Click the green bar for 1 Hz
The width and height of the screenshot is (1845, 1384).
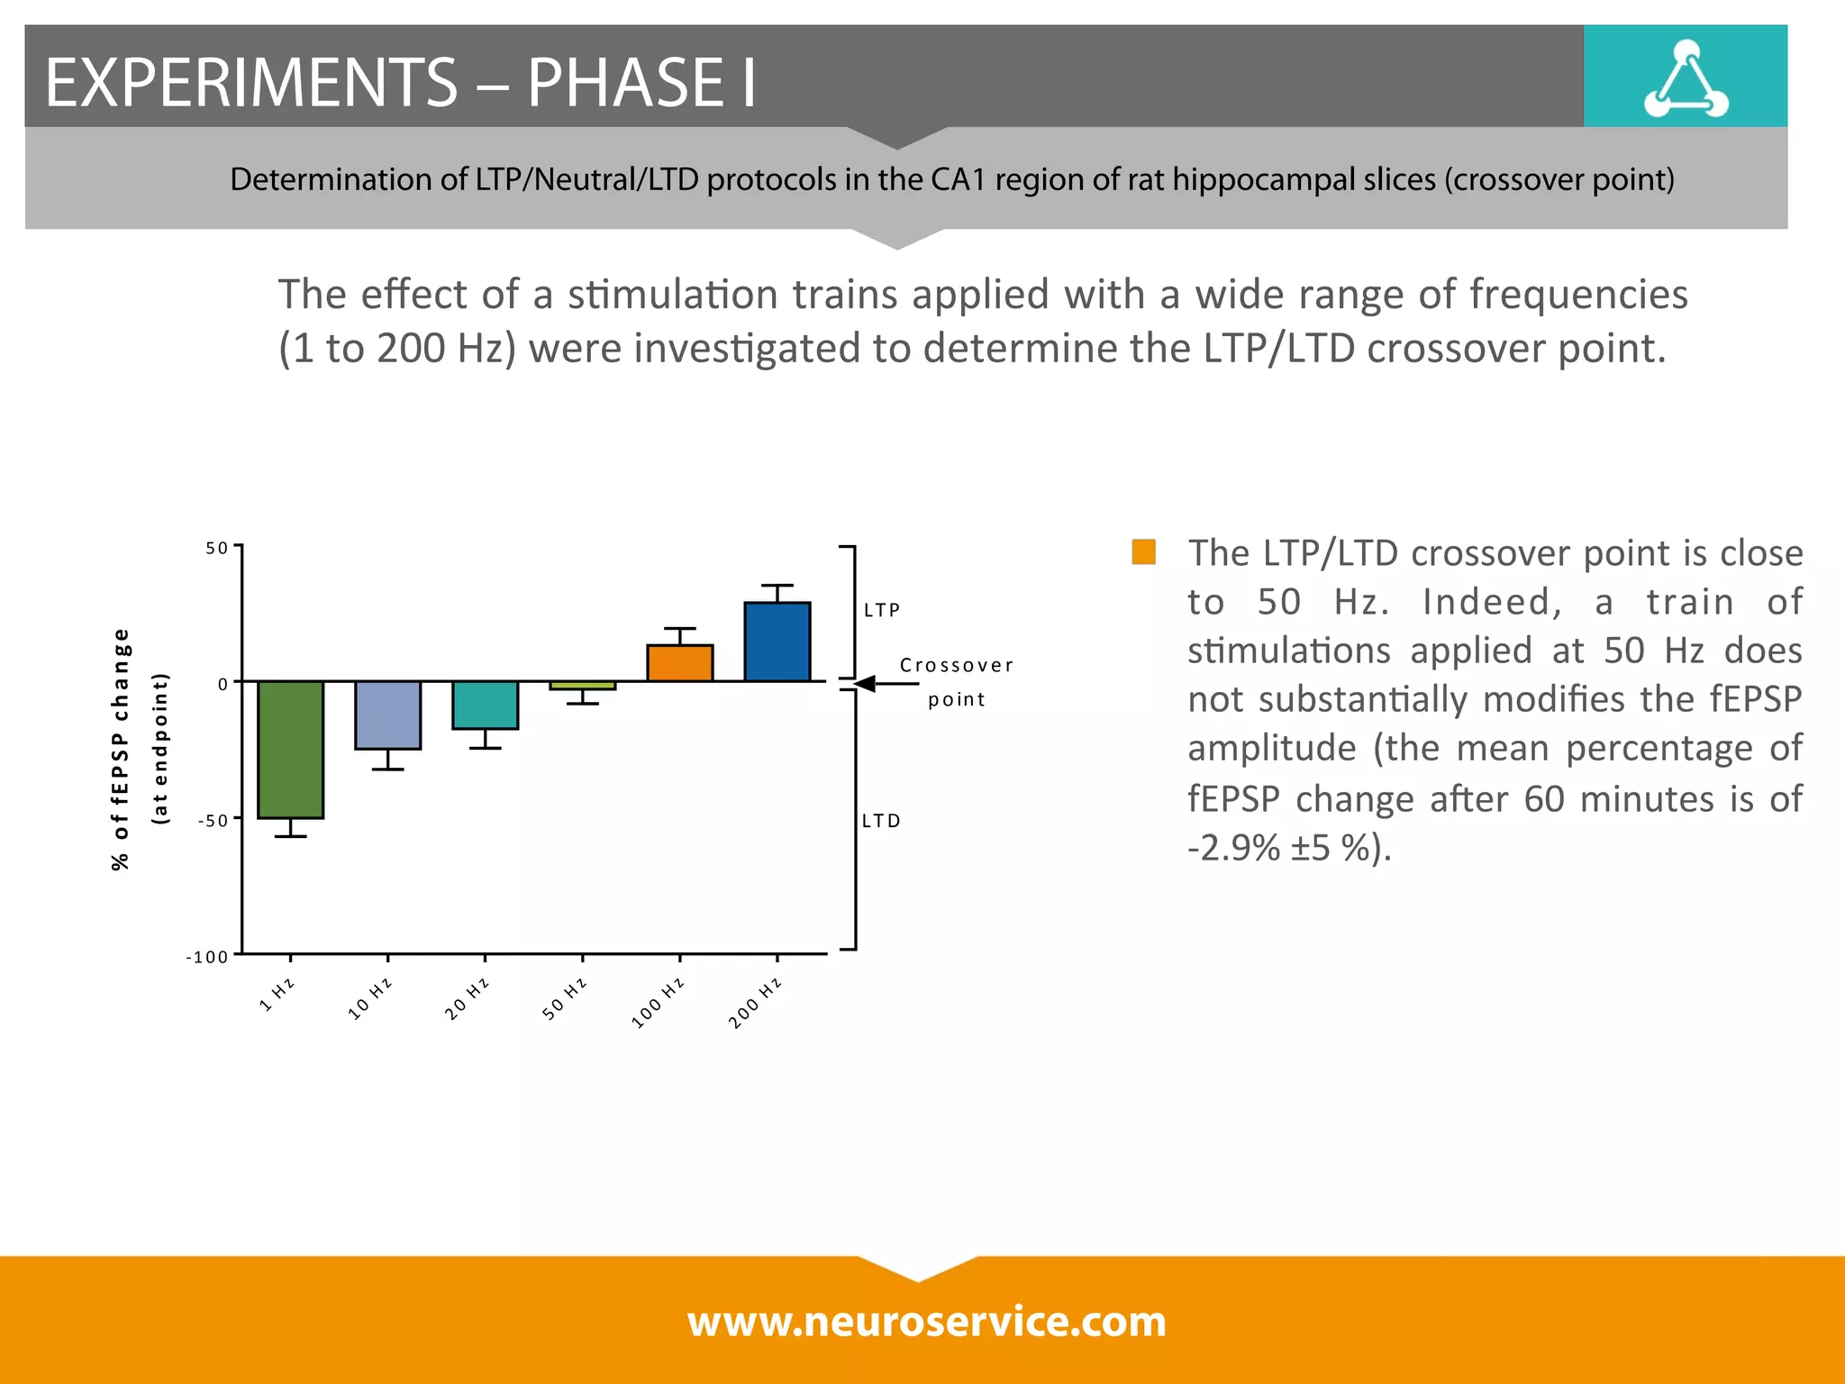point(290,749)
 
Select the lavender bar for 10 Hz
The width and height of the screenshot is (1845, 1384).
point(387,715)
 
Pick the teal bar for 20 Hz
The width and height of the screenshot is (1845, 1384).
point(485,705)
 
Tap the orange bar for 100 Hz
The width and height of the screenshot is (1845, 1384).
point(679,663)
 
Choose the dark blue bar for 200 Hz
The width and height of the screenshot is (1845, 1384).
point(777,642)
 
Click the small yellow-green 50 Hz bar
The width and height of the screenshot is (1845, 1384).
point(582,686)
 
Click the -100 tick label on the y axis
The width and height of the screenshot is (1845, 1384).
point(207,957)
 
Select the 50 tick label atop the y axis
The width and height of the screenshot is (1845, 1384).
point(216,548)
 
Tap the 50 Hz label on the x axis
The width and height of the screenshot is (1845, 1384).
point(565,998)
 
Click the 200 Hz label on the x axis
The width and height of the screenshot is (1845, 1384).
point(755,1003)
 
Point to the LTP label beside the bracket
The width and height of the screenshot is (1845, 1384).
point(881,610)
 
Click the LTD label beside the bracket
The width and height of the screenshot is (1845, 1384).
point(880,821)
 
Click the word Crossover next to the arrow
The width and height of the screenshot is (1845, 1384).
point(957,665)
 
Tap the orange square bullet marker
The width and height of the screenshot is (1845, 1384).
point(1143,551)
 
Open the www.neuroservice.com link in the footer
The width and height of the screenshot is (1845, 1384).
point(926,1321)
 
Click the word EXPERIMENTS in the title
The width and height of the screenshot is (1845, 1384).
point(251,82)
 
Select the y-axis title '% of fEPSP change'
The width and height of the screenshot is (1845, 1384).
point(121,749)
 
